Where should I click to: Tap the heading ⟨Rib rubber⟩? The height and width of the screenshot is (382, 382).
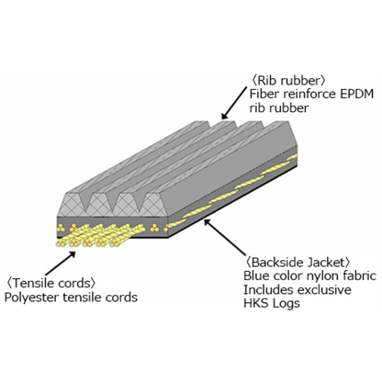click(x=288, y=81)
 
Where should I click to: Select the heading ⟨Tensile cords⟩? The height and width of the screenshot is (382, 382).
click(x=51, y=283)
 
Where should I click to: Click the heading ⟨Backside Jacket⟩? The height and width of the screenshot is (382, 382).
click(x=298, y=263)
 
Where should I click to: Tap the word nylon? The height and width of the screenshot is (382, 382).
click(x=322, y=276)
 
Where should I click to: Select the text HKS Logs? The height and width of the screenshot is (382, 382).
click(x=272, y=303)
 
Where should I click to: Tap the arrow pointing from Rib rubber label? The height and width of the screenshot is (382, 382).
click(x=234, y=103)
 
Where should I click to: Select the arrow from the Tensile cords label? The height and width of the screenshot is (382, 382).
click(x=61, y=264)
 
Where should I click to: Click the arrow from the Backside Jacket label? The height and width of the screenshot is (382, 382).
click(x=225, y=237)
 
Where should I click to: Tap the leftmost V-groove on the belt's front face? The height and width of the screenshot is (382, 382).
click(x=86, y=200)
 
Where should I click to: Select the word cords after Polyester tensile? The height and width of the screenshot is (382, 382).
click(x=121, y=298)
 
